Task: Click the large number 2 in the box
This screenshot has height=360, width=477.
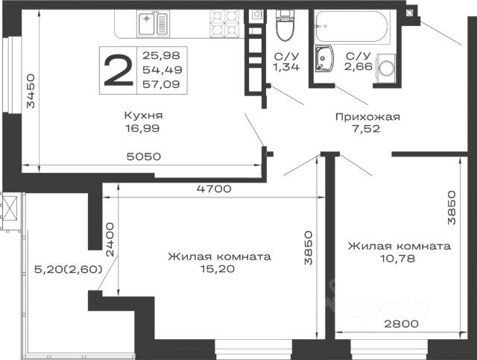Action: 119,70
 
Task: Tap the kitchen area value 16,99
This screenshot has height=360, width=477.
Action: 142,128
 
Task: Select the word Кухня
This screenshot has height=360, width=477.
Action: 143,116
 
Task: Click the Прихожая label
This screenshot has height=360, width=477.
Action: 367,117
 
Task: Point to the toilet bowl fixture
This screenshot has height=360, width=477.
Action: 285,25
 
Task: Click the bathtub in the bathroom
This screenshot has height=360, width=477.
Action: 351,26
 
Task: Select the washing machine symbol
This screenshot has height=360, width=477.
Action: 386,69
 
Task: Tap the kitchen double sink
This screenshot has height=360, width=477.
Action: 153,24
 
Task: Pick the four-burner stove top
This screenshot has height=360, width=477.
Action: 224,23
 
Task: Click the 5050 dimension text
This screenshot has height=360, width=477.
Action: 144,157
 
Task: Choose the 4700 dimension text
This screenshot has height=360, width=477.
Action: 214,189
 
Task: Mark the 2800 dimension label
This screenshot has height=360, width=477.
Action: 401,323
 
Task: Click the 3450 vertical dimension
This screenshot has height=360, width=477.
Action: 31,91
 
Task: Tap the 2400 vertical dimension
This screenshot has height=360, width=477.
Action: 110,239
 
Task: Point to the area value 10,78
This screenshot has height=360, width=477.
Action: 397,259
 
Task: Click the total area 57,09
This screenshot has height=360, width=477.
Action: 162,84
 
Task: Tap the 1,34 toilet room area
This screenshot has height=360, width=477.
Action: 286,66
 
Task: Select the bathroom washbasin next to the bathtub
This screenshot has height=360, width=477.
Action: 323,58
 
